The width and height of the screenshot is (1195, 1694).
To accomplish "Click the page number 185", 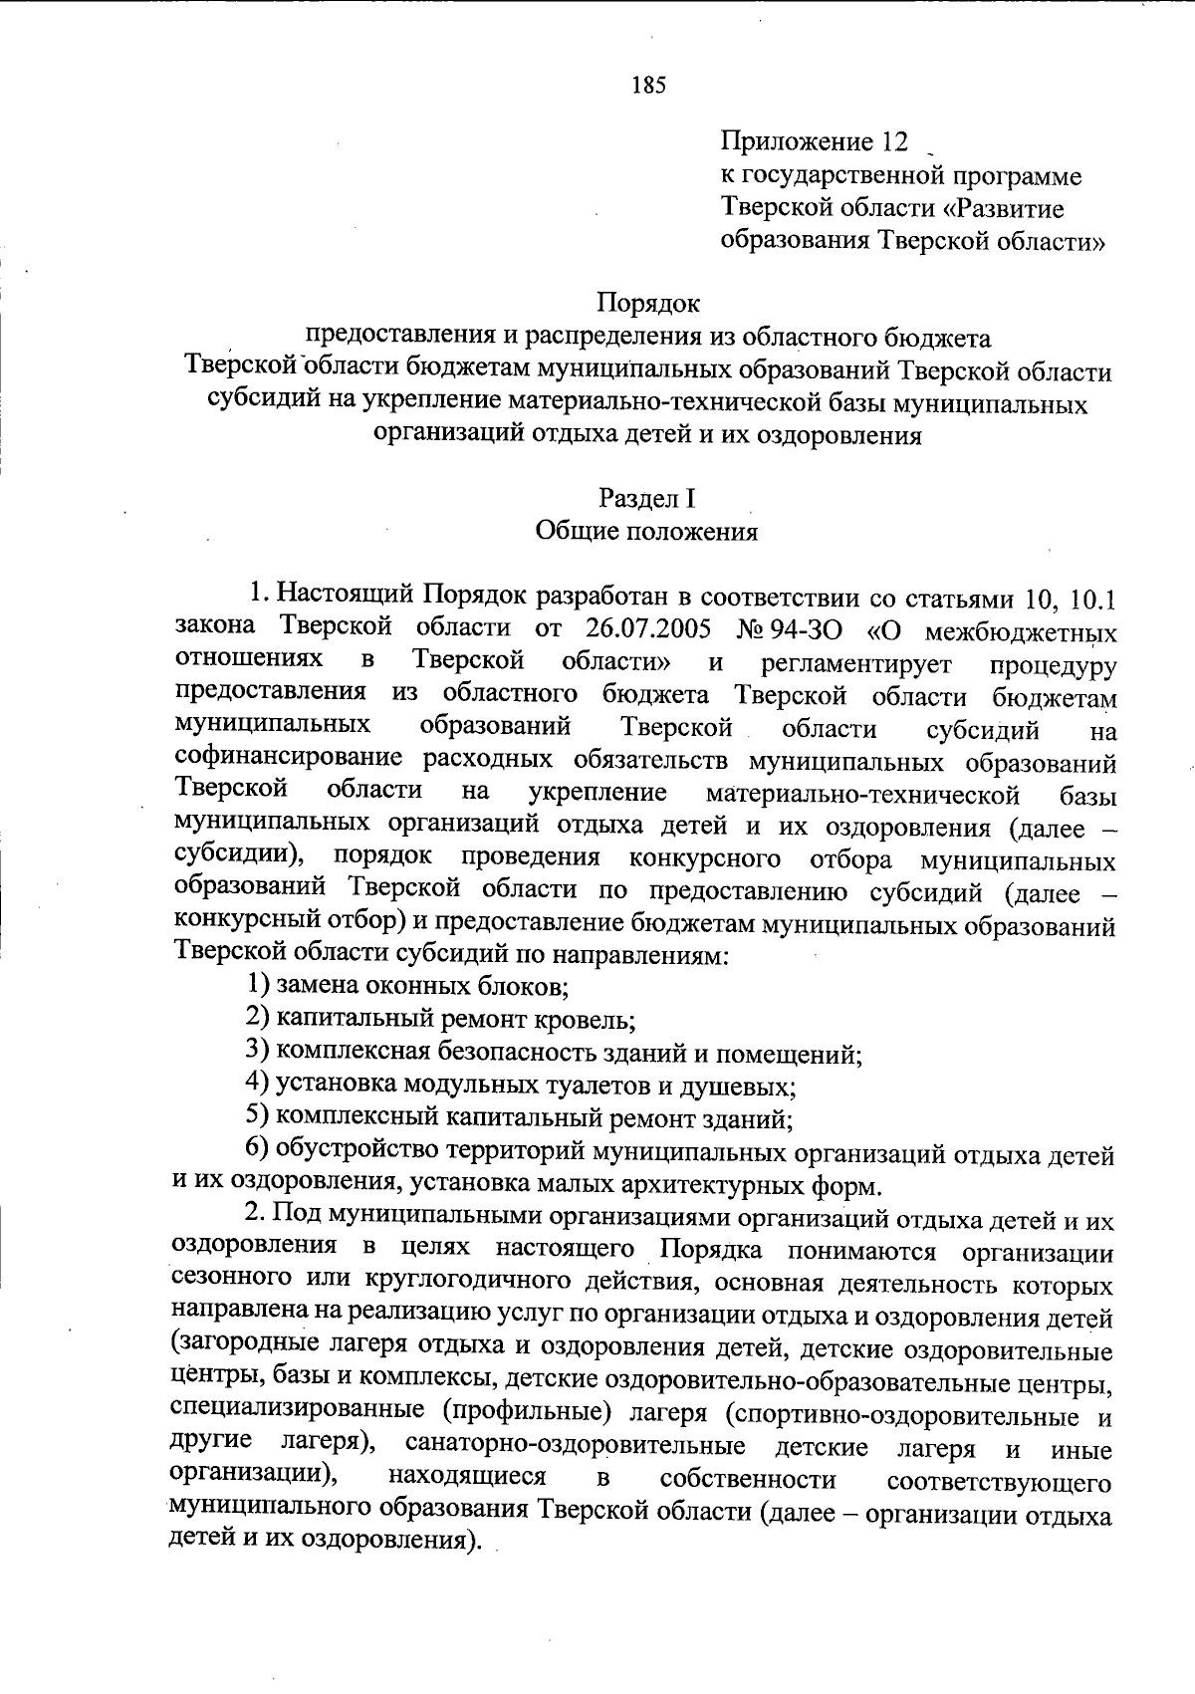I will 648,85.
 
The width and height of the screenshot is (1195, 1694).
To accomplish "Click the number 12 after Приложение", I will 894,142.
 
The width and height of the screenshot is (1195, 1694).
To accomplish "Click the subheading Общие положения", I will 647,531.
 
